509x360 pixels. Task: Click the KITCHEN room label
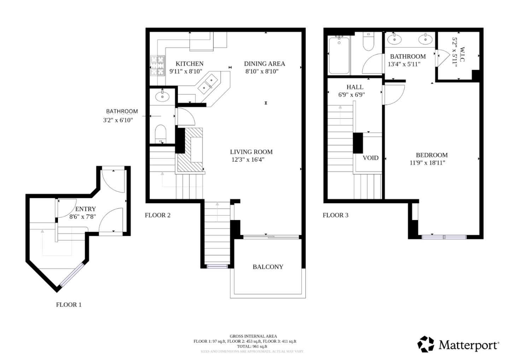(189, 64)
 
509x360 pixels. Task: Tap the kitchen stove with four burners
(158, 66)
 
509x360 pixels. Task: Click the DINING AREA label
(264, 64)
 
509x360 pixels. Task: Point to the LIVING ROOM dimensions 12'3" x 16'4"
(248, 159)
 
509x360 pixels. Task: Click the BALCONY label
(268, 267)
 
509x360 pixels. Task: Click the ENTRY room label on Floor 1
(85, 209)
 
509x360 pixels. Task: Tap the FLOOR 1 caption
(69, 304)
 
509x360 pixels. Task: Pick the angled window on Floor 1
(72, 275)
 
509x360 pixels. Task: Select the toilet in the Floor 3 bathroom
(369, 43)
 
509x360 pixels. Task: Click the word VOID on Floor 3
(370, 158)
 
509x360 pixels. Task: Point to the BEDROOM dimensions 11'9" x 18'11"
(427, 163)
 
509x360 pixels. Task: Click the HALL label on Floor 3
(355, 87)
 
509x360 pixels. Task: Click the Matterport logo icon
(426, 344)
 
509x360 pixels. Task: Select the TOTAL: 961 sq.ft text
(252, 347)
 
